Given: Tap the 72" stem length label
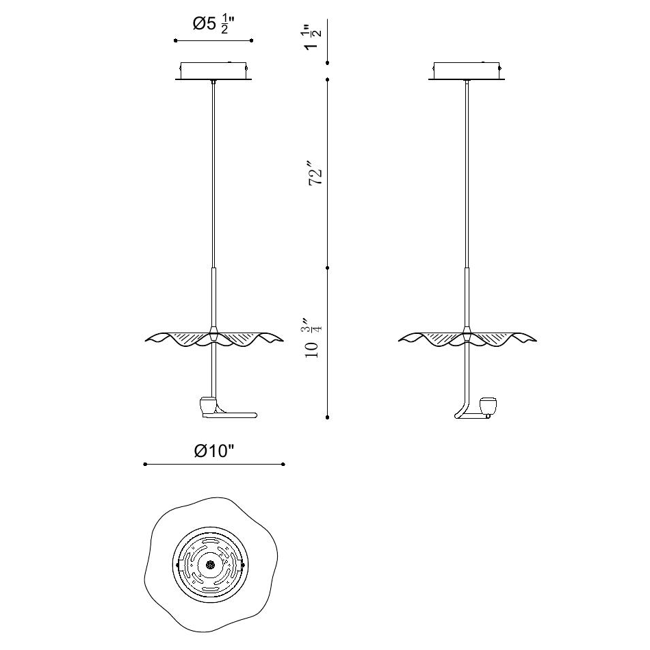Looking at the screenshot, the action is (x=315, y=171).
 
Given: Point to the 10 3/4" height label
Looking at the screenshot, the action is (x=312, y=339).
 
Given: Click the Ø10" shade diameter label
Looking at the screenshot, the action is (x=214, y=451).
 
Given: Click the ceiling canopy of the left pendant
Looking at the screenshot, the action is (x=213, y=71).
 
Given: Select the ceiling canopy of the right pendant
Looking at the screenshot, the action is (x=467, y=71).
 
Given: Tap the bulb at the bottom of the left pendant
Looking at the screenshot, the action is (x=208, y=406).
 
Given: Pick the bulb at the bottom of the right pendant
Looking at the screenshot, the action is (x=488, y=406).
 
